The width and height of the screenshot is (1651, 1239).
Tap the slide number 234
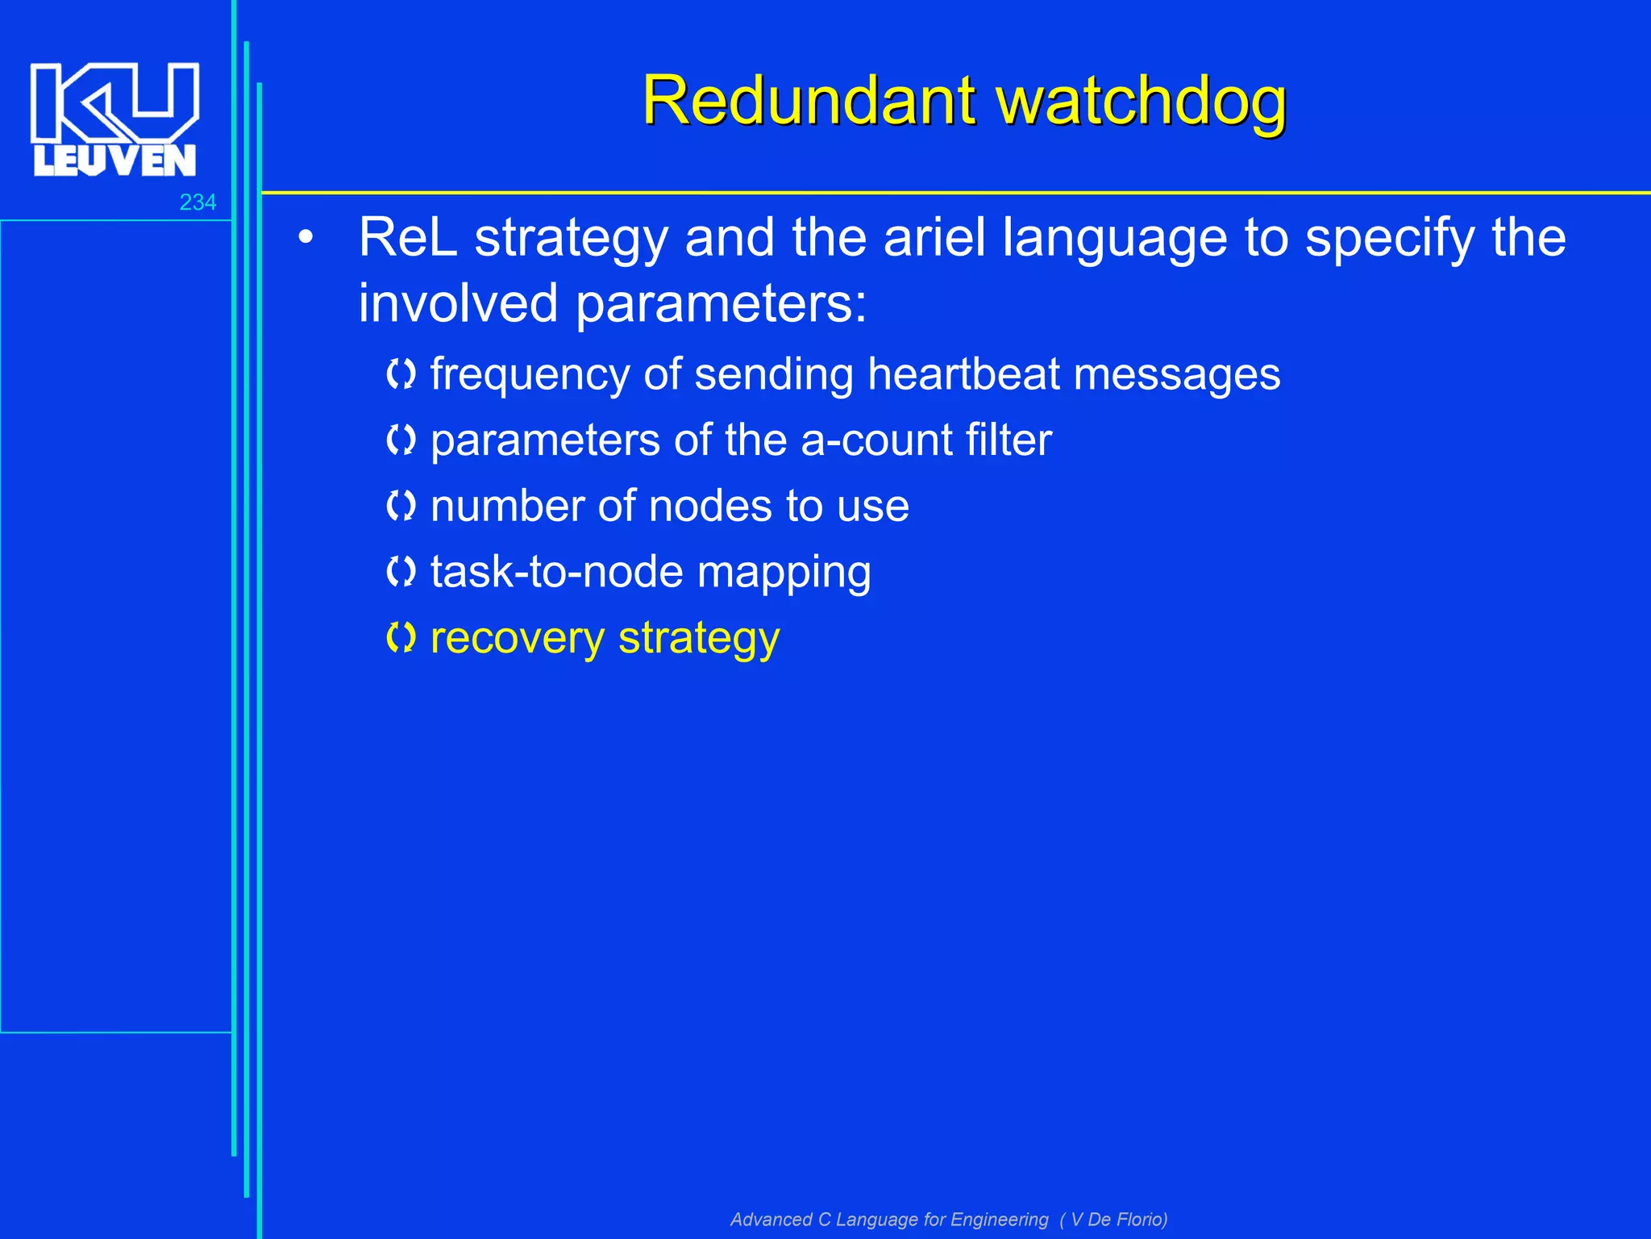click(198, 202)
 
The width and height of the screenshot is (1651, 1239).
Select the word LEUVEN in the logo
click(114, 161)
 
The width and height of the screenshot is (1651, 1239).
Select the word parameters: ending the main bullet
click(721, 303)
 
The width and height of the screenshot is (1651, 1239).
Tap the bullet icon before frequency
click(401, 374)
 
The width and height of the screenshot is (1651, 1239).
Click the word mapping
click(784, 574)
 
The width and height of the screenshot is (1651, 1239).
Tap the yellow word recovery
click(518, 639)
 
